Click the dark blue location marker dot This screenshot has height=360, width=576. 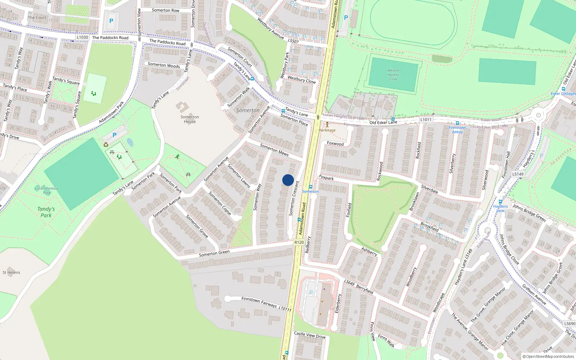(x=288, y=180)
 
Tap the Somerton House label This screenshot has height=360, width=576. (x=190, y=119)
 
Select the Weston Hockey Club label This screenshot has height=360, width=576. (x=393, y=75)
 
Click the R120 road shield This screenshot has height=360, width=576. (x=299, y=242)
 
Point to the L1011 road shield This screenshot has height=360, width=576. (x=426, y=120)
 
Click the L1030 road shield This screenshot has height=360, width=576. (x=82, y=37)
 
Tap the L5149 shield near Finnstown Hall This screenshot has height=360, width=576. (x=518, y=174)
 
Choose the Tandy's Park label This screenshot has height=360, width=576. (x=46, y=212)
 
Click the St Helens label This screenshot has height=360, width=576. (x=12, y=273)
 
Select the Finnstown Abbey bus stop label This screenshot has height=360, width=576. (x=457, y=130)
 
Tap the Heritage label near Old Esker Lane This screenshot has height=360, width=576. (x=327, y=130)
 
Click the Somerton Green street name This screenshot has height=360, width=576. (x=214, y=253)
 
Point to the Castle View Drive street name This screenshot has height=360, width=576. (x=310, y=335)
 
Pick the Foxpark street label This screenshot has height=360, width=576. (x=326, y=177)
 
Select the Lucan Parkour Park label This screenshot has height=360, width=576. (x=47, y=190)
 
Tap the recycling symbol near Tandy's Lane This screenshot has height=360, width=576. (x=106, y=145)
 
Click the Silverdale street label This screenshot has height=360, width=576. (x=429, y=189)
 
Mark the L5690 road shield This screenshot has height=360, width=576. (x=570, y=324)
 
